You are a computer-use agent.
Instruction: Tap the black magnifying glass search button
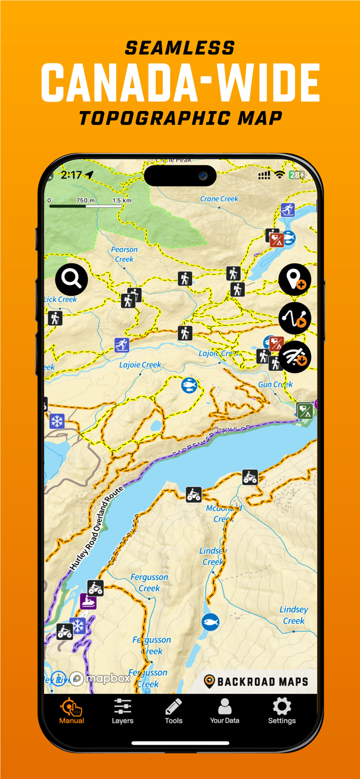point(72,279)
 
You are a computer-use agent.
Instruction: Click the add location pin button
point(295,279)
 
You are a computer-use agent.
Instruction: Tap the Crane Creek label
point(219,199)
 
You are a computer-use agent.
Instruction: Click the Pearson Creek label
point(124,254)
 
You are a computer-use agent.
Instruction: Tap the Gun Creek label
point(275,384)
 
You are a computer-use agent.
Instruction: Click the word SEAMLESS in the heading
point(180,48)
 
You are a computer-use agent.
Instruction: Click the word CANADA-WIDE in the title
point(180,83)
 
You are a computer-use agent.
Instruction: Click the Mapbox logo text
point(108,678)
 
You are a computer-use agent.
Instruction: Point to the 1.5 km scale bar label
point(122,200)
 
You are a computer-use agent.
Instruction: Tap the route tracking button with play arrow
point(295,318)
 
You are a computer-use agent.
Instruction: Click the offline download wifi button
point(295,357)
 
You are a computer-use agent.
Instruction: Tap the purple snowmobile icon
point(88,601)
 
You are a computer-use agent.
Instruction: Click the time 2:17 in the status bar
point(71,175)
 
